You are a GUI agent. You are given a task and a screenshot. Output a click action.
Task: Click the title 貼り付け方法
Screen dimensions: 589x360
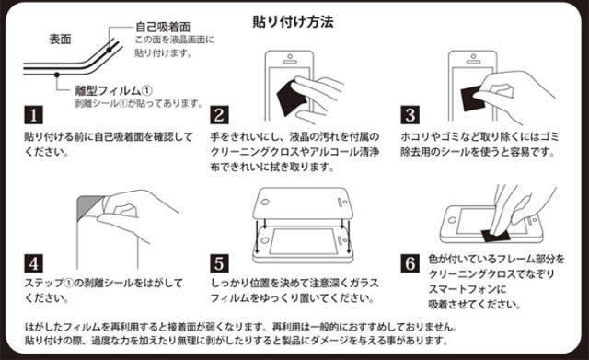(293, 22)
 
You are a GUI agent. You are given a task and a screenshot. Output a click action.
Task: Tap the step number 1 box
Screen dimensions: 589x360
(34, 115)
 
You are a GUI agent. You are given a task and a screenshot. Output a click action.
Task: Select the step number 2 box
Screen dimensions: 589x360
(219, 115)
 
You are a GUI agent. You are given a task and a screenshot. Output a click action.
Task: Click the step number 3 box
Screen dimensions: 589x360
(410, 115)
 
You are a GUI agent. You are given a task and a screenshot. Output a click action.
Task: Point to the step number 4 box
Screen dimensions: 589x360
(34, 263)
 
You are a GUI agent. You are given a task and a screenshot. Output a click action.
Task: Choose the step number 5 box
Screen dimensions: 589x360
(219, 263)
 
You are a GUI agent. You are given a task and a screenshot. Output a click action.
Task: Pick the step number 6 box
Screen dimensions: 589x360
(410, 263)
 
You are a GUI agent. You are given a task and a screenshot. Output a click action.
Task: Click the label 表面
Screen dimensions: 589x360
(60, 39)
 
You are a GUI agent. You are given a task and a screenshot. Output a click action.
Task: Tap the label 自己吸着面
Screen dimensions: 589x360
(163, 27)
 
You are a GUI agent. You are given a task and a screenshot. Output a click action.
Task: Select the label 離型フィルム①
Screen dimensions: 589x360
(113, 90)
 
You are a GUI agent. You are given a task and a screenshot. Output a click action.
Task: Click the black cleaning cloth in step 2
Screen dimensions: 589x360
(292, 98)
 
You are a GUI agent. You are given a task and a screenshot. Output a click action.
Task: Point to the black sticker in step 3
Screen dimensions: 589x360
(472, 99)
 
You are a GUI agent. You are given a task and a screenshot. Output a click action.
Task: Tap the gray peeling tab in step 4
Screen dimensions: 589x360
(88, 207)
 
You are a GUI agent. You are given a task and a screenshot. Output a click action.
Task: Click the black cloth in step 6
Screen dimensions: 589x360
(496, 236)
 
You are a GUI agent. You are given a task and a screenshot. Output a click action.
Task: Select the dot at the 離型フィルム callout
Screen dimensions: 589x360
(57, 75)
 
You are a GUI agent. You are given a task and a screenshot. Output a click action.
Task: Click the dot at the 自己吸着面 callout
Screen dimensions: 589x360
(109, 50)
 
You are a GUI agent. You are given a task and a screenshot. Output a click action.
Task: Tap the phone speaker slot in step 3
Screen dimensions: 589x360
(472, 62)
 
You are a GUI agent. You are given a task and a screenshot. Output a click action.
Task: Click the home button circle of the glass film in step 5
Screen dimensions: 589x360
(265, 203)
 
